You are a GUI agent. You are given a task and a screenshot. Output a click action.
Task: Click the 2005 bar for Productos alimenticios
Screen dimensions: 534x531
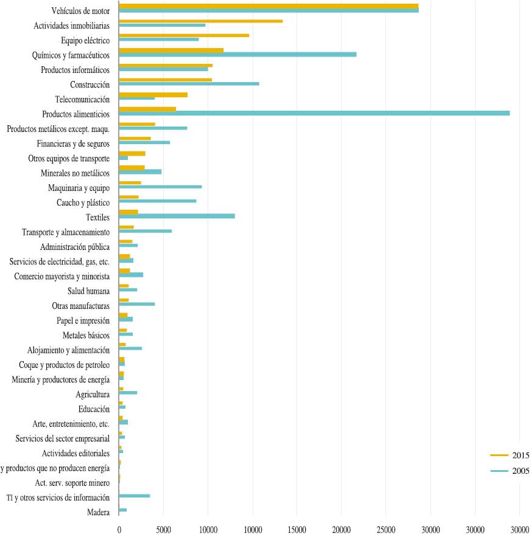click(x=314, y=113)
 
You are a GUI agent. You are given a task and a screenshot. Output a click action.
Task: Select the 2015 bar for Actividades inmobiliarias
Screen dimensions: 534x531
click(x=200, y=21)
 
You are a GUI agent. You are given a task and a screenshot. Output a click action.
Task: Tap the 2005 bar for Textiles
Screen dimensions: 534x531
click(x=177, y=216)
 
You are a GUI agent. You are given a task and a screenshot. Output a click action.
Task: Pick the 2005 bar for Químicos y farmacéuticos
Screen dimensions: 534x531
click(x=237, y=54)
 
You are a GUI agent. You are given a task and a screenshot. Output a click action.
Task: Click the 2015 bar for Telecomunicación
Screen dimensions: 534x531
click(x=153, y=94)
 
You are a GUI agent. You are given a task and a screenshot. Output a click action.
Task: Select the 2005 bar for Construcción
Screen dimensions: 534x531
click(x=189, y=83)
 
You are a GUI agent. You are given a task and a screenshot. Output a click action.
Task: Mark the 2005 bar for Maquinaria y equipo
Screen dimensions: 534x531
click(x=160, y=187)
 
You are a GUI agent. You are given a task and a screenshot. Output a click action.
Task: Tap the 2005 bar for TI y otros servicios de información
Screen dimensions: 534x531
click(x=134, y=496)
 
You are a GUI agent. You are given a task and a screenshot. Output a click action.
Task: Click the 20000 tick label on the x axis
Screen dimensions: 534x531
click(x=342, y=529)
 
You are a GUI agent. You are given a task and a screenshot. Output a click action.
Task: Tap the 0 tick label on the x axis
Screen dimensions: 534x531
click(x=119, y=529)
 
